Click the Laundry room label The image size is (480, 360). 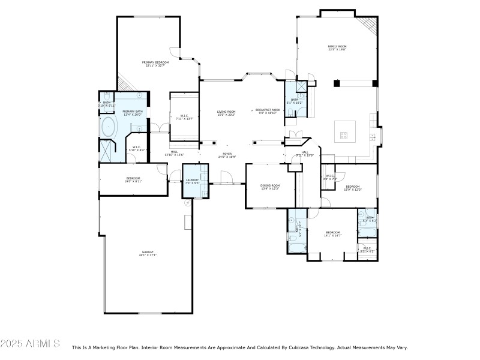click(x=192, y=181)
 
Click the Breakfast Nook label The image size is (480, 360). click(x=268, y=111)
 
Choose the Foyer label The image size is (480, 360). click(x=227, y=155)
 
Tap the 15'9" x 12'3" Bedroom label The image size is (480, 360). click(x=353, y=188)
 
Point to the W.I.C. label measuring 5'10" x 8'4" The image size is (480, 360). click(x=136, y=148)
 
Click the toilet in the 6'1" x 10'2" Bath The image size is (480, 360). click(x=290, y=112)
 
